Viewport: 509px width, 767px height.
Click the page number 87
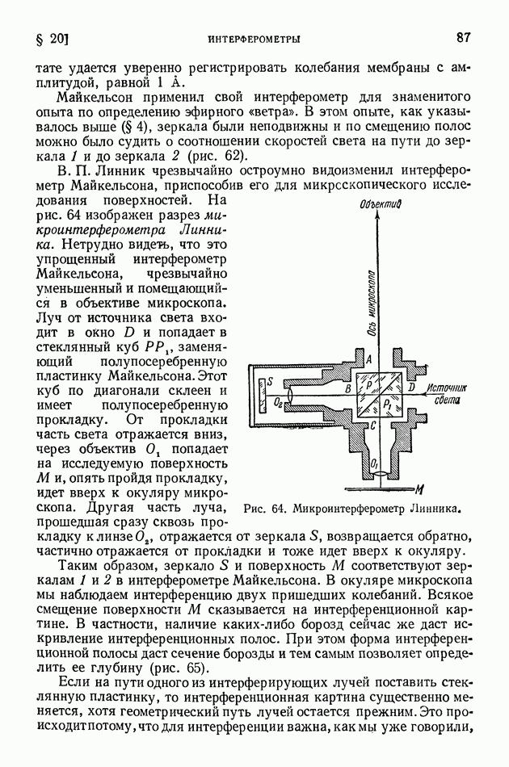coord(463,38)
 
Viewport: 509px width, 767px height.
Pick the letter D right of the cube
coord(412,389)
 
